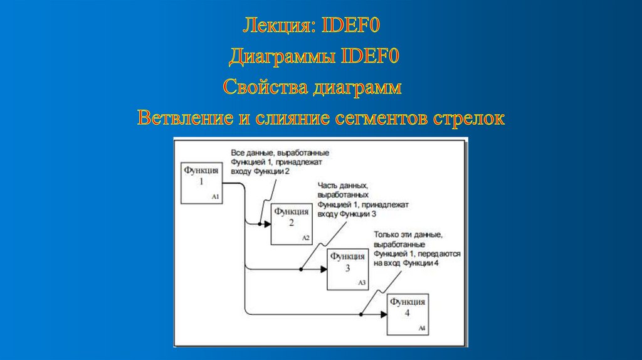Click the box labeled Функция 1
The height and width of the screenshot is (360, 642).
[x=201, y=183]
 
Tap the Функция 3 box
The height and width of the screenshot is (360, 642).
[x=347, y=268]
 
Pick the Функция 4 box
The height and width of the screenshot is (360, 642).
[x=408, y=314]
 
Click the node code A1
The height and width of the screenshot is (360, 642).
[x=215, y=197]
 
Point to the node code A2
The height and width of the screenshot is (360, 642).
[x=306, y=238]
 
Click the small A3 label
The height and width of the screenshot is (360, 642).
[x=362, y=283]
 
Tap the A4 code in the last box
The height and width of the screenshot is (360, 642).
[x=422, y=329]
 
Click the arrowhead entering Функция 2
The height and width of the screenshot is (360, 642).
[x=267, y=224]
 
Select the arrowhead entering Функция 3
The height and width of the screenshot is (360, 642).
[x=323, y=269]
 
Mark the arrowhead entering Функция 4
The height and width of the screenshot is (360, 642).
[x=383, y=314]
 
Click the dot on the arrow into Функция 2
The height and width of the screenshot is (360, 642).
[x=260, y=224]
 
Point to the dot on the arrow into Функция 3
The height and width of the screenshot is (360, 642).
[x=301, y=269]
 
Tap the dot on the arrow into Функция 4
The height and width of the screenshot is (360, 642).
[x=361, y=314]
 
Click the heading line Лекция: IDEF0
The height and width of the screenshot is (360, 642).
[x=312, y=27]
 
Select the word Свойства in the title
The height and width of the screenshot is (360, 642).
[x=263, y=87]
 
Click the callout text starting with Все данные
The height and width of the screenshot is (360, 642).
[x=280, y=162]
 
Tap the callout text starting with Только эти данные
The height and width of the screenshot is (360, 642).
[x=417, y=249]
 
